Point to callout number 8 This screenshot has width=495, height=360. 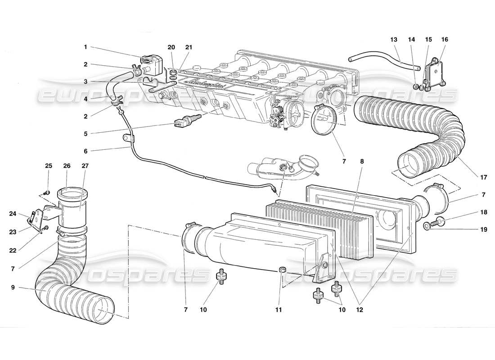(362, 158)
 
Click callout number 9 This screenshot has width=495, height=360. (14, 287)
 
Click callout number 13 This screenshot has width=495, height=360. (394, 40)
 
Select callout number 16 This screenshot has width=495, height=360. (444, 40)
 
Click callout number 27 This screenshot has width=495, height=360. (85, 166)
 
